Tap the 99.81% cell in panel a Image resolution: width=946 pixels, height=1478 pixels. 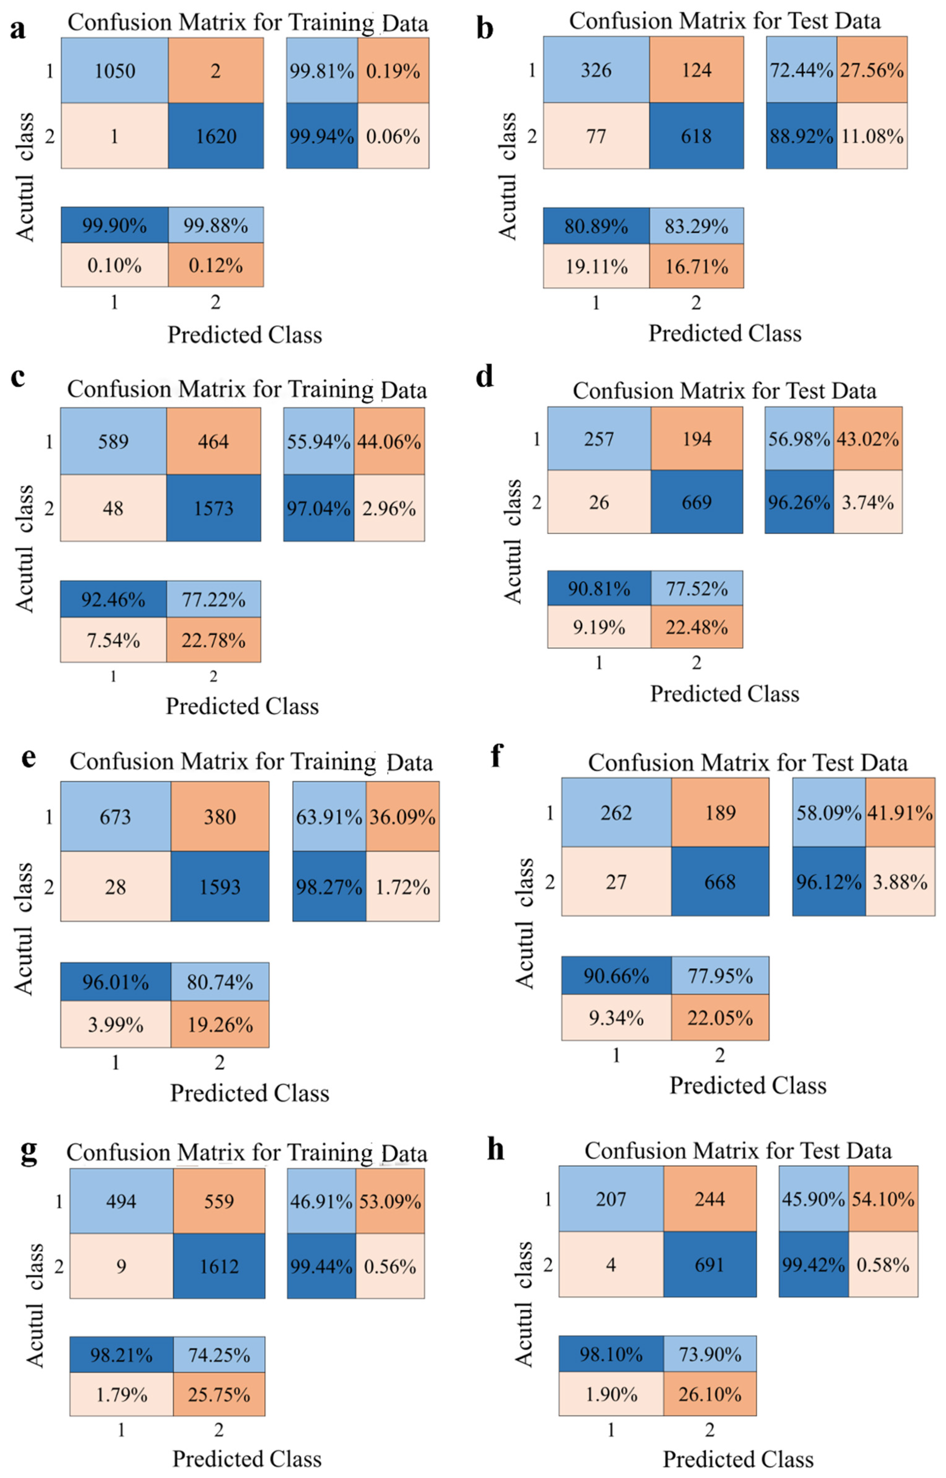pyautogui.click(x=321, y=71)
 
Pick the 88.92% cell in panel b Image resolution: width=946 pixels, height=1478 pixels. pyautogui.click(x=801, y=136)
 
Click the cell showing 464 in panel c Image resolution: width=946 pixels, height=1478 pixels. pyautogui.click(x=213, y=441)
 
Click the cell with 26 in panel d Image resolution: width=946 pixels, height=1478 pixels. pyautogui.click(x=599, y=502)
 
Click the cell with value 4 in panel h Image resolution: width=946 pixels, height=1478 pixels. pyautogui.click(x=611, y=1265)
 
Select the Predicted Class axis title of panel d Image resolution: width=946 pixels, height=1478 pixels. pyautogui.click(x=724, y=694)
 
